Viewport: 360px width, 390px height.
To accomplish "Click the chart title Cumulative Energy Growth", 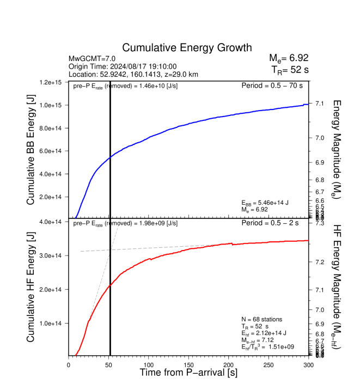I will click(x=187, y=48).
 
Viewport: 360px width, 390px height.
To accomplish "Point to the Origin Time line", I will click(x=122, y=66).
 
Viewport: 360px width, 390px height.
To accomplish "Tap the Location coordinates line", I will click(x=133, y=74).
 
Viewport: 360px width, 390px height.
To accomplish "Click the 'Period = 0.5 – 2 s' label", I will click(x=275, y=223).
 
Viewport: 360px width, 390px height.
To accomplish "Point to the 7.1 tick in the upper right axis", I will click(x=320, y=103).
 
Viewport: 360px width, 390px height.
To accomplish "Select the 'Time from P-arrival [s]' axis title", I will click(x=188, y=373).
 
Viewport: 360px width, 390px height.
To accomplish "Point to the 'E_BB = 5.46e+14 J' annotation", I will click(x=265, y=203).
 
